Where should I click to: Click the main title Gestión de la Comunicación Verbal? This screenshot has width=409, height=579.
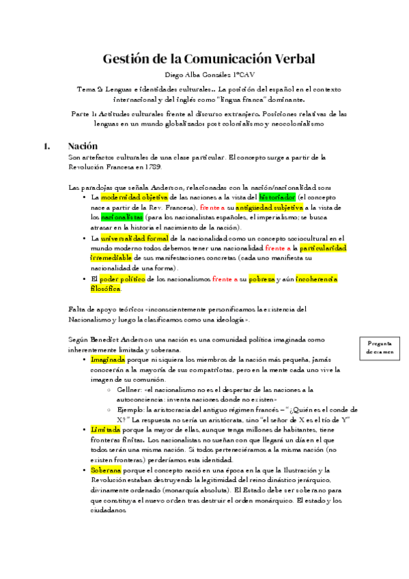[208, 59]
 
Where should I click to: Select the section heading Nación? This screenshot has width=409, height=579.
[83, 146]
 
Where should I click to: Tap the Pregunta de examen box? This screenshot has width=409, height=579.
[379, 348]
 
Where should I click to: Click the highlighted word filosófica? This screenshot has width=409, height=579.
[105, 289]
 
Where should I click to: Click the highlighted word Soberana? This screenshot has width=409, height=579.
[106, 470]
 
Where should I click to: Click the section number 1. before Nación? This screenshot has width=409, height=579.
[46, 146]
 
